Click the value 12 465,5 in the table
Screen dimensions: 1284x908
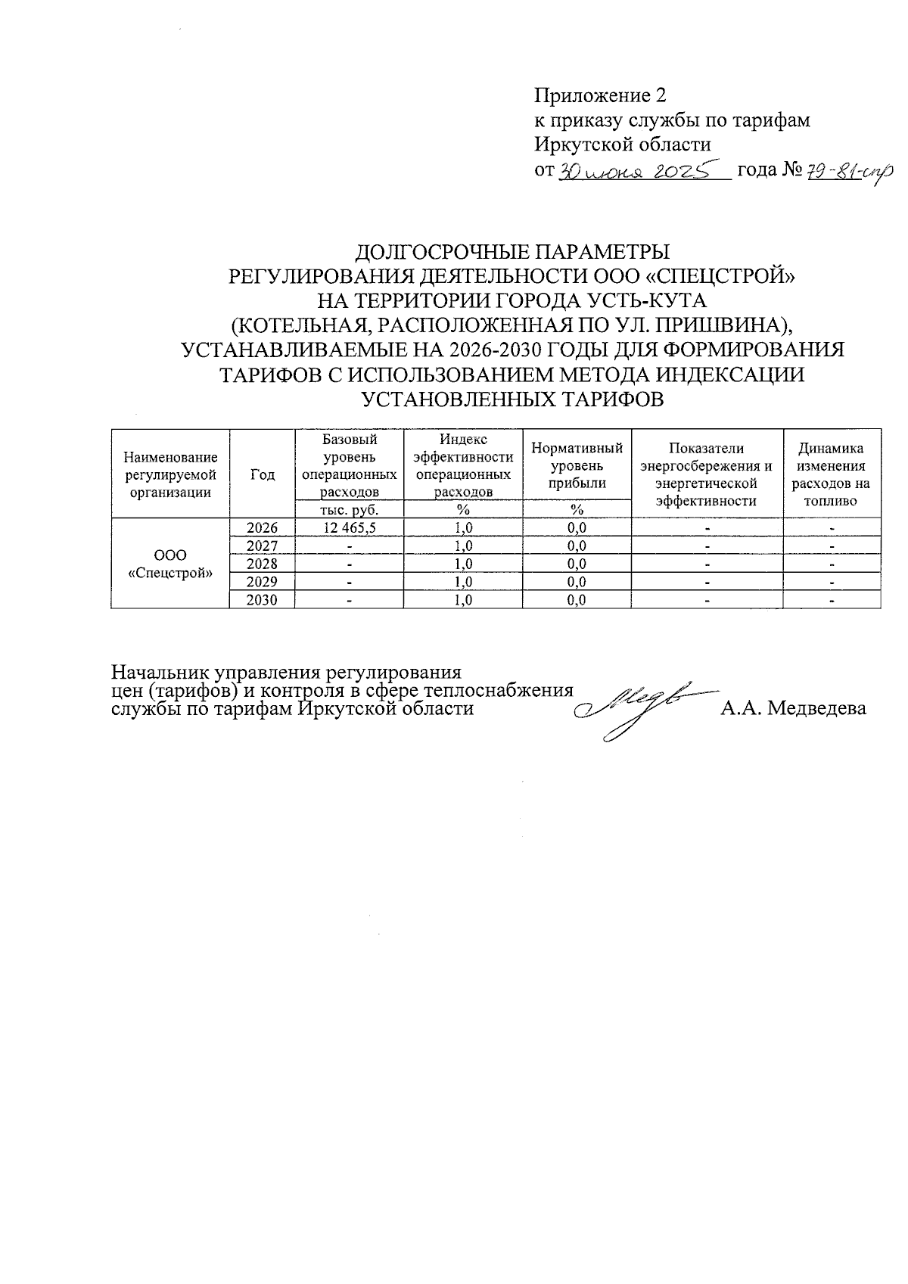[349, 528]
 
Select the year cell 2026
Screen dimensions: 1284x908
[262, 528]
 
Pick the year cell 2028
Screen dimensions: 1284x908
[262, 564]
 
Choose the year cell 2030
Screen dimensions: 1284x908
[262, 600]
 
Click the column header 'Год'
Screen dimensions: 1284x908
[262, 474]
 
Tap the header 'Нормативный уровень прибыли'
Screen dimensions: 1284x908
[577, 465]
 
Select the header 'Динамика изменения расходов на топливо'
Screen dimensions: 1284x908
[831, 474]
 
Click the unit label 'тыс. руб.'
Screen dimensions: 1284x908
[349, 510]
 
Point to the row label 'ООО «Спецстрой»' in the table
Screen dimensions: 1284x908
[170, 564]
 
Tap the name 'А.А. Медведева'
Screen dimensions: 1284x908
[794, 709]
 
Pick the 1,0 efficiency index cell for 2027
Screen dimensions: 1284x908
[463, 546]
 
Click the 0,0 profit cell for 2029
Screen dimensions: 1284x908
[577, 582]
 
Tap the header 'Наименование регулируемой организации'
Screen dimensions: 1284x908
[170, 474]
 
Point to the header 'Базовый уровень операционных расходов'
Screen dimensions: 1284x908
[349, 465]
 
